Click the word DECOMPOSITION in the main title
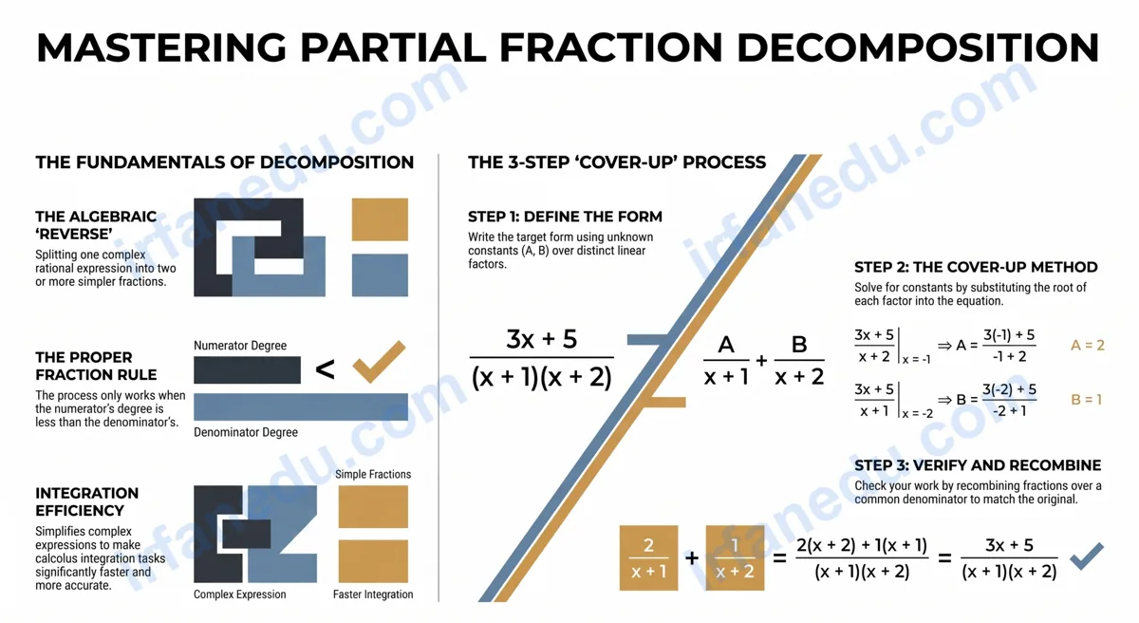(x=918, y=47)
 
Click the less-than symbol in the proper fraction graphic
(x=325, y=369)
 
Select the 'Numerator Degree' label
(x=240, y=346)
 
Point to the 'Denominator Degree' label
(x=246, y=432)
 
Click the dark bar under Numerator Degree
(x=247, y=369)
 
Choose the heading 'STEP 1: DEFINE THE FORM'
(x=565, y=217)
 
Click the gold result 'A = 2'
(x=1087, y=346)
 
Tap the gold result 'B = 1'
(x=1086, y=400)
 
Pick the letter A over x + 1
(x=725, y=345)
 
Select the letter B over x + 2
(x=799, y=345)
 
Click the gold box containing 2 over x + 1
(x=648, y=557)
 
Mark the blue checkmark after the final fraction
(x=1086, y=557)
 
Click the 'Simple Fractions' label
(x=373, y=475)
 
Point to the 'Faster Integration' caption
(x=373, y=595)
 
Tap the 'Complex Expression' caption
(x=239, y=595)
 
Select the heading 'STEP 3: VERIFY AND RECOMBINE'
(x=978, y=465)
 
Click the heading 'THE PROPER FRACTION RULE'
(x=96, y=367)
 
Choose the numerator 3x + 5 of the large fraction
(x=542, y=339)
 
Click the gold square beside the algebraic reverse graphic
(x=380, y=219)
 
